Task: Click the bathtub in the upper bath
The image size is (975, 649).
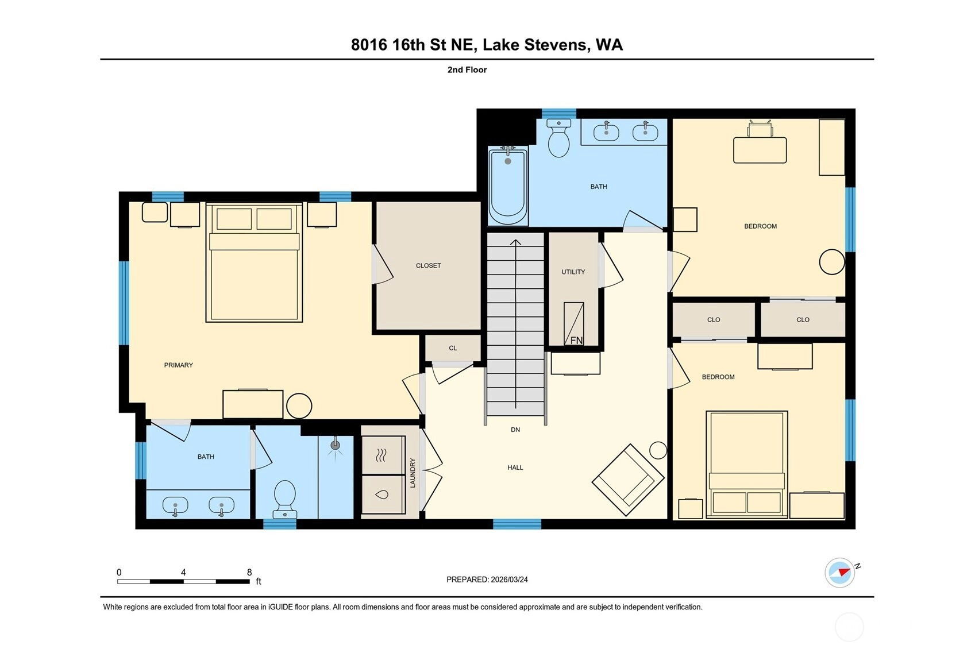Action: pyautogui.click(x=507, y=186)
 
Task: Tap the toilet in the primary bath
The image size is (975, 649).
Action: pyautogui.click(x=284, y=499)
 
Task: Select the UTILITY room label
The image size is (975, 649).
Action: pyautogui.click(x=573, y=272)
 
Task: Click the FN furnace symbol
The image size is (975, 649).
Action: pyautogui.click(x=574, y=323)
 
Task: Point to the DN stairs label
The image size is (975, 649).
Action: pyautogui.click(x=515, y=430)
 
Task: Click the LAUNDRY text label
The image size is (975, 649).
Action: pyautogui.click(x=413, y=473)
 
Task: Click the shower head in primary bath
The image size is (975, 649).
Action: pyautogui.click(x=335, y=445)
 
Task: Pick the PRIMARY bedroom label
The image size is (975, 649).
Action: pyautogui.click(x=179, y=365)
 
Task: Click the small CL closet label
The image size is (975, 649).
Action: pyautogui.click(x=453, y=348)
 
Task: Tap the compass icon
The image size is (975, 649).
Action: pyautogui.click(x=840, y=573)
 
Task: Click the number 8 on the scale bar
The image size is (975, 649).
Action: pyautogui.click(x=249, y=573)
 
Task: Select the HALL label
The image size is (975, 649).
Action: pyautogui.click(x=515, y=468)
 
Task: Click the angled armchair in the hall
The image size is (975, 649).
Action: pyautogui.click(x=627, y=480)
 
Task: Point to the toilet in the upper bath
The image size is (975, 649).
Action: pyautogui.click(x=559, y=138)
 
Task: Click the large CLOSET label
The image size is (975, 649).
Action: pyautogui.click(x=428, y=265)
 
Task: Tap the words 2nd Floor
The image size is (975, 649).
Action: pyautogui.click(x=467, y=69)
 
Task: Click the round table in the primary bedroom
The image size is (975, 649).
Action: pyautogui.click(x=299, y=406)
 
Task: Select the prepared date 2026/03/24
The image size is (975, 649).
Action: pyautogui.click(x=509, y=580)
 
